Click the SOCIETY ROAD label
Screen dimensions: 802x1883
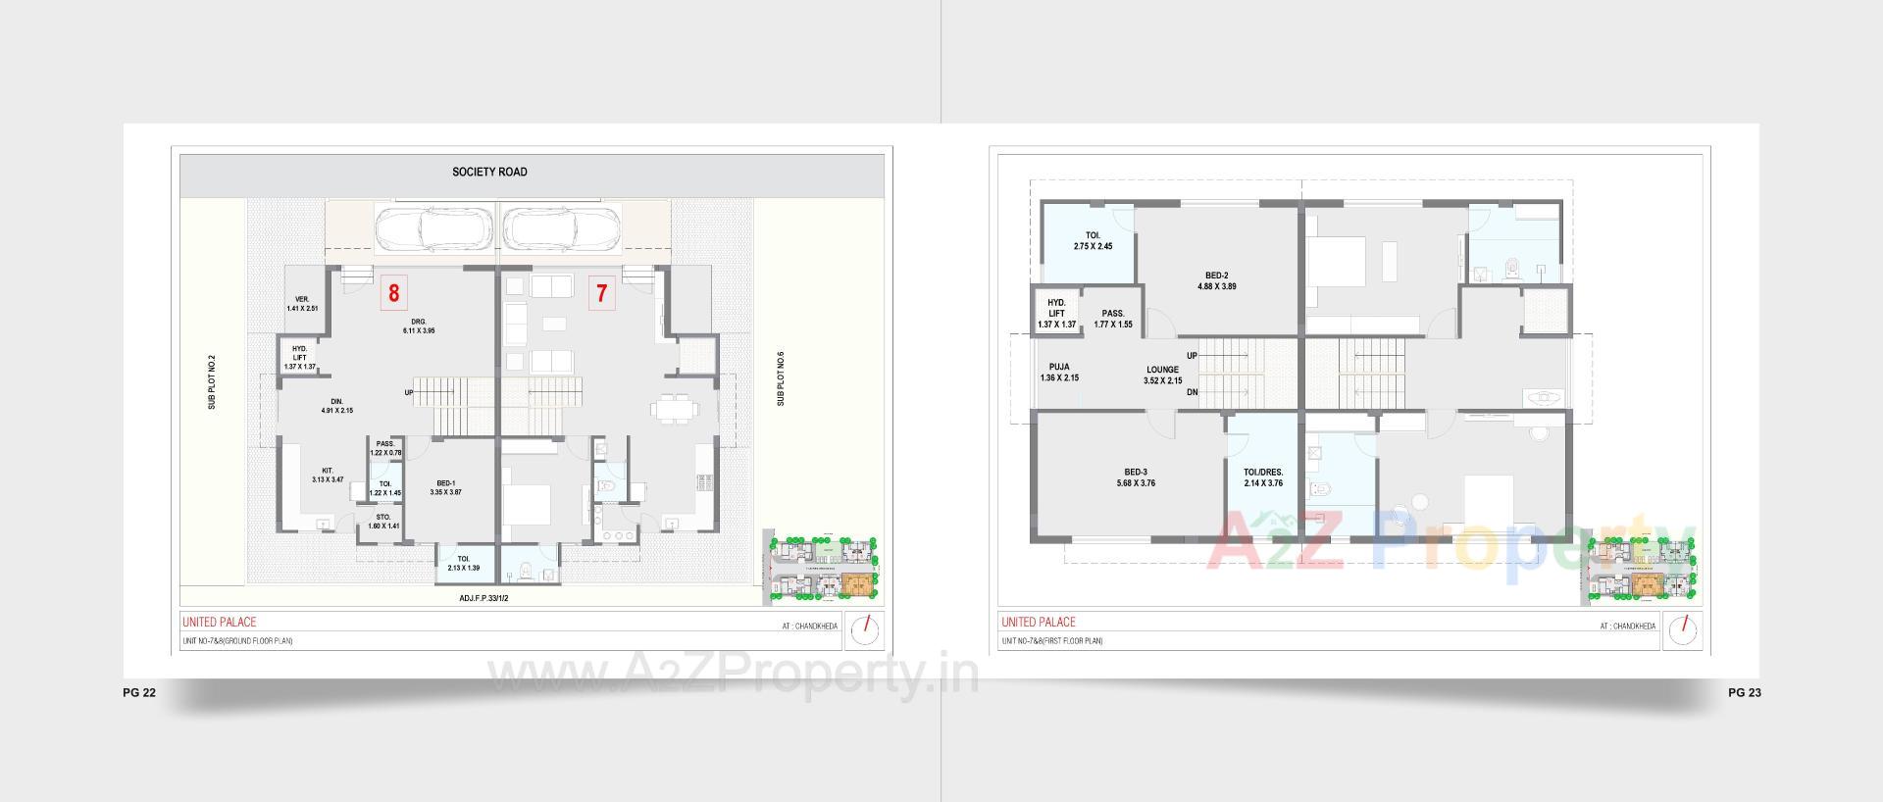coord(489,172)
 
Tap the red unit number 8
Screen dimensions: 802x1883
coord(393,293)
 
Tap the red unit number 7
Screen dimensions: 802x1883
coord(601,293)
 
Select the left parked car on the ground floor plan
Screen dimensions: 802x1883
coord(433,229)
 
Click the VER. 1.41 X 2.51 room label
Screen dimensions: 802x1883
coord(302,304)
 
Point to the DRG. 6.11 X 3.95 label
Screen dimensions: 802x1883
coord(418,326)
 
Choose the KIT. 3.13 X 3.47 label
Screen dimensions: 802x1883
coord(327,475)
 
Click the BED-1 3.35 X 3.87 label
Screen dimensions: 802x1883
coord(445,487)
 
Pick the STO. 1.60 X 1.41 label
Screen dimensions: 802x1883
coord(383,521)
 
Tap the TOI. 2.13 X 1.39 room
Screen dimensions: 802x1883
coord(463,563)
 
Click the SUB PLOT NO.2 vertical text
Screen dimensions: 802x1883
coord(212,381)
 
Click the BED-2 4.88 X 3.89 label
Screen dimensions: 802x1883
coord(1216,280)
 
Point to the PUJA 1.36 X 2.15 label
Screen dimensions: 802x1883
coord(1058,372)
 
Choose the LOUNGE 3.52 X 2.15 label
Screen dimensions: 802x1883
coord(1162,375)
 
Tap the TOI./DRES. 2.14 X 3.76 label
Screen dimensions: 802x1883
coord(1262,476)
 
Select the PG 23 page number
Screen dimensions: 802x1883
coord(1744,692)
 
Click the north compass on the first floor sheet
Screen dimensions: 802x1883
coord(1684,629)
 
